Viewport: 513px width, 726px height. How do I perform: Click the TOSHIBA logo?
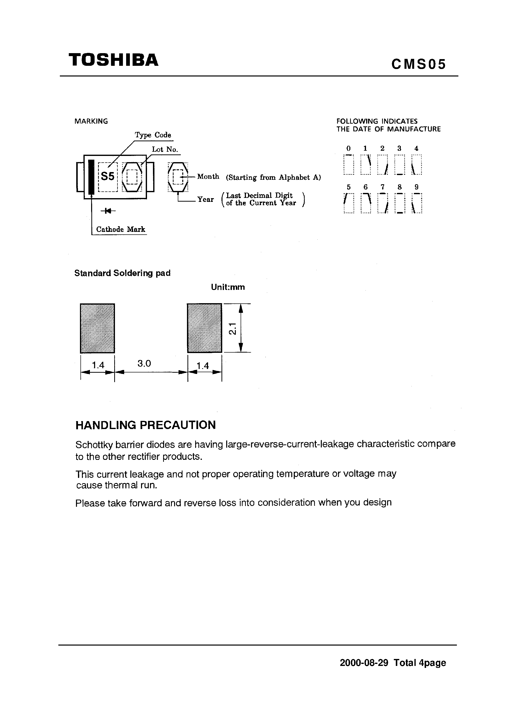click(113, 60)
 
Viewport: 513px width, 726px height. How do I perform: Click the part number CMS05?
click(418, 65)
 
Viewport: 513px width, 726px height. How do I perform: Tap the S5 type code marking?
click(108, 177)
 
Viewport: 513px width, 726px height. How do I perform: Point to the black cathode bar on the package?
click(91, 177)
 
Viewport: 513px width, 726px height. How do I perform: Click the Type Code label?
click(153, 135)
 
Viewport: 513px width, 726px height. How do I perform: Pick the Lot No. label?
click(165, 149)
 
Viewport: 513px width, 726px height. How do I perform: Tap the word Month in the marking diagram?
click(208, 177)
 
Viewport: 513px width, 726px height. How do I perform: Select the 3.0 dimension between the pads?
click(144, 364)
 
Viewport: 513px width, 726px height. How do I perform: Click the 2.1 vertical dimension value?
click(232, 328)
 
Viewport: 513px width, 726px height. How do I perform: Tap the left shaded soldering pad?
click(97, 328)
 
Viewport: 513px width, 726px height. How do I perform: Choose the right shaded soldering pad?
click(204, 328)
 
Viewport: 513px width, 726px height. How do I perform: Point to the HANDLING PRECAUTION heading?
click(146, 425)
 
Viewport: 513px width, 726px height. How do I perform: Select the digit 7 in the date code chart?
click(382, 187)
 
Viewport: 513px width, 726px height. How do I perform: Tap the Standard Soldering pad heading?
click(122, 273)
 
